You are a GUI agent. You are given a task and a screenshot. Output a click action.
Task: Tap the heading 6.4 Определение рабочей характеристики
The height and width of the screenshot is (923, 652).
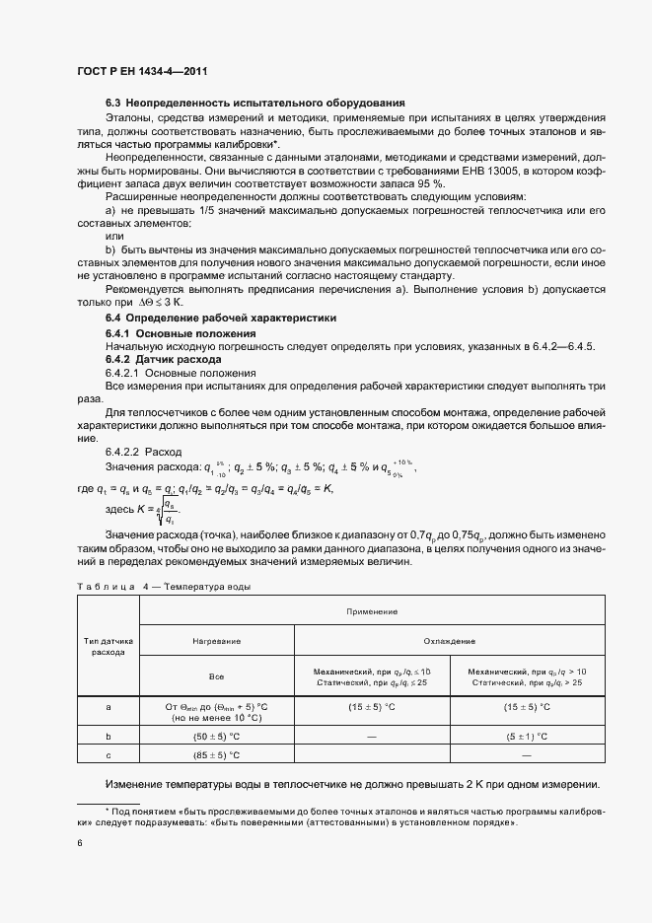pos(220,319)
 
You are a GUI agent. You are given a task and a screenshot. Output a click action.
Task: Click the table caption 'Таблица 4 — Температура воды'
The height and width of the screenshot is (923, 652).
pos(162,587)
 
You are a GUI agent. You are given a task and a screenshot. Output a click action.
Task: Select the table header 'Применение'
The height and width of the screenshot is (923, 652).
pos(371,611)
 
